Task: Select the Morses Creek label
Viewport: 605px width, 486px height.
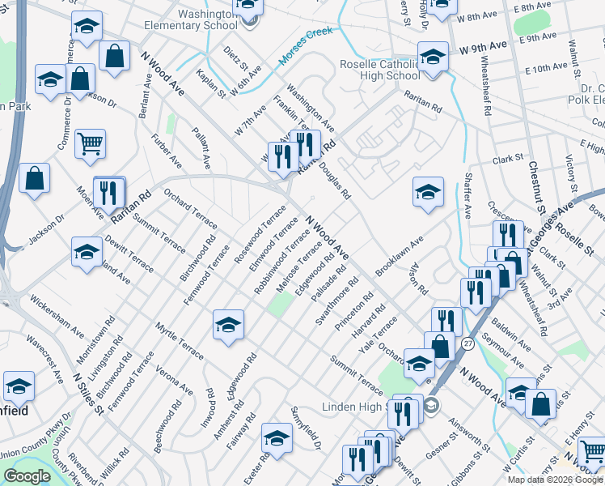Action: point(307,46)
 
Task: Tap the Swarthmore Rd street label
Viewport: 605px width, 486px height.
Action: point(336,302)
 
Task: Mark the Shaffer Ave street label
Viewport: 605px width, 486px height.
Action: point(467,201)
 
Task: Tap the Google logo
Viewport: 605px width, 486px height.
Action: point(27,476)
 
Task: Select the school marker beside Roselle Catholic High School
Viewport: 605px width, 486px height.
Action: point(433,58)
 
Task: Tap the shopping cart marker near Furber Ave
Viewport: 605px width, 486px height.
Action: point(90,144)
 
